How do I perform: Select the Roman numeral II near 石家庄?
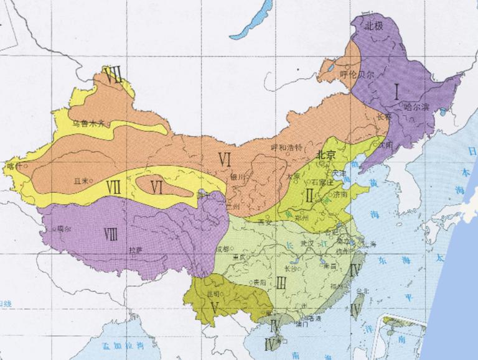point(309,196)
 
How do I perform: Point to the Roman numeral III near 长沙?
point(281,283)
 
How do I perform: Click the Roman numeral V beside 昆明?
point(215,307)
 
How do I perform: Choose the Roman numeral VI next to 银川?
point(225,160)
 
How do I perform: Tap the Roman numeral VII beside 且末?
point(113,185)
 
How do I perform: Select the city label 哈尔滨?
point(416,106)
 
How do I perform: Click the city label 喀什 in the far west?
point(13,166)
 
